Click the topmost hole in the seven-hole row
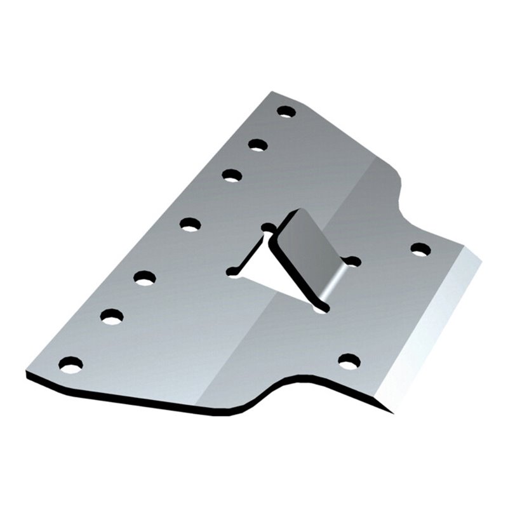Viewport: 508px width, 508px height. (x=286, y=112)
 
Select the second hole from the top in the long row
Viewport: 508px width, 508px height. (x=258, y=145)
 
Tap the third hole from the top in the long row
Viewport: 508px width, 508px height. (x=232, y=175)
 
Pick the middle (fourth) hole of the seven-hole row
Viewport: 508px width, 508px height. (x=190, y=224)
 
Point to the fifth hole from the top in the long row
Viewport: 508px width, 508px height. (x=145, y=277)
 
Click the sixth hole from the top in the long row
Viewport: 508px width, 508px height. (x=112, y=316)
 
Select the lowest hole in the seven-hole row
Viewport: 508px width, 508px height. (x=70, y=364)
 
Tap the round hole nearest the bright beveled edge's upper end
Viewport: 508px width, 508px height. (x=420, y=249)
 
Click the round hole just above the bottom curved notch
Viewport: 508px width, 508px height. (x=349, y=361)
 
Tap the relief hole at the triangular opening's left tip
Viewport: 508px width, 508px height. (x=232, y=271)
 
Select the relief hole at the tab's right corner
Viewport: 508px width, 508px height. (x=352, y=261)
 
